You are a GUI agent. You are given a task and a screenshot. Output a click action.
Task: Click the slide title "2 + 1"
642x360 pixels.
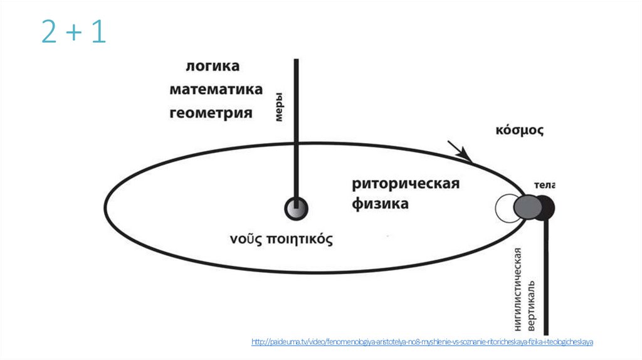[x=73, y=32]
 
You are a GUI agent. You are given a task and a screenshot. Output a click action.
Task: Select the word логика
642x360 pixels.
[x=213, y=66]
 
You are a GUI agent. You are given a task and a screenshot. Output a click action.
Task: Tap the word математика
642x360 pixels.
[x=216, y=90]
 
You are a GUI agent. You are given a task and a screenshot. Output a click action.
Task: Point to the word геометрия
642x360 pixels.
[x=211, y=114]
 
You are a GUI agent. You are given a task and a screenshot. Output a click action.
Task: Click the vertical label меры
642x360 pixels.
[x=281, y=107]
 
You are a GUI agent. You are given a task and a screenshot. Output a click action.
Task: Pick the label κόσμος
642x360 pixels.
[x=519, y=131]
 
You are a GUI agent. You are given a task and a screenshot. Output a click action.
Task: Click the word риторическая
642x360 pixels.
[x=406, y=184]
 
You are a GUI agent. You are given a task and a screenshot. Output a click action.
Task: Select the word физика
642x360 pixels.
[x=380, y=204]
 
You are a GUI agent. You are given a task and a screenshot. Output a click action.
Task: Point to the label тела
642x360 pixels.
[x=544, y=185]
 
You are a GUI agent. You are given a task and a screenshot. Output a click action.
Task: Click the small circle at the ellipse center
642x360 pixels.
[x=295, y=208]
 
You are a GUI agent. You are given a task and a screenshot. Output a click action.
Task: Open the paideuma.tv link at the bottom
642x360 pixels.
[x=422, y=342]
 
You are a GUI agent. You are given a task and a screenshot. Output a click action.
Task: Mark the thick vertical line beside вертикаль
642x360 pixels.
[x=547, y=276]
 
